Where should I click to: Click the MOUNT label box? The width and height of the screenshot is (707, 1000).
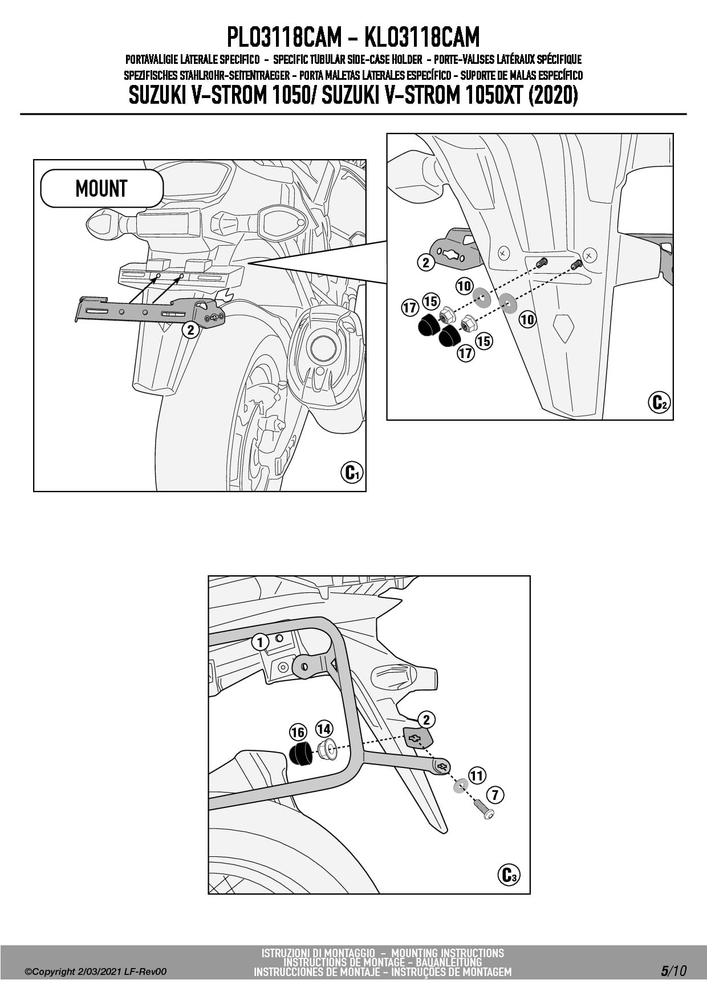[101, 188]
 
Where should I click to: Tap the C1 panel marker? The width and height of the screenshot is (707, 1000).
[351, 473]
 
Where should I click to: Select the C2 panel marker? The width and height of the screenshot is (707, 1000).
[659, 403]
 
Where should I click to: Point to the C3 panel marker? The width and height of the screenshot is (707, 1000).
[508, 875]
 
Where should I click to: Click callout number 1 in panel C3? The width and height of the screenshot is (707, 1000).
[260, 643]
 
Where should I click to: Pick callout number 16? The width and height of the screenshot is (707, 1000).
[298, 732]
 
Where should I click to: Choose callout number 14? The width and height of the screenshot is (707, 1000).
[324, 729]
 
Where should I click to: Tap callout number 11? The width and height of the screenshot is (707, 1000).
[477, 775]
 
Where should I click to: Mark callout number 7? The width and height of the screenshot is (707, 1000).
[495, 794]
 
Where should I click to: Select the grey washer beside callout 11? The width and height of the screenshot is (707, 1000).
[460, 787]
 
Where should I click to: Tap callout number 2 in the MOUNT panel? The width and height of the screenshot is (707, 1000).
[190, 330]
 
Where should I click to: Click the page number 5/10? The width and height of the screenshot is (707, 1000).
[673, 970]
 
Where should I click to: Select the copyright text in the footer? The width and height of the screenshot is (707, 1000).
[96, 971]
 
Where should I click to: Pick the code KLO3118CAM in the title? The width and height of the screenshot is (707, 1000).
[421, 38]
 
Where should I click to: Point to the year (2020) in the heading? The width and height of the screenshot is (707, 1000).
[553, 95]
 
